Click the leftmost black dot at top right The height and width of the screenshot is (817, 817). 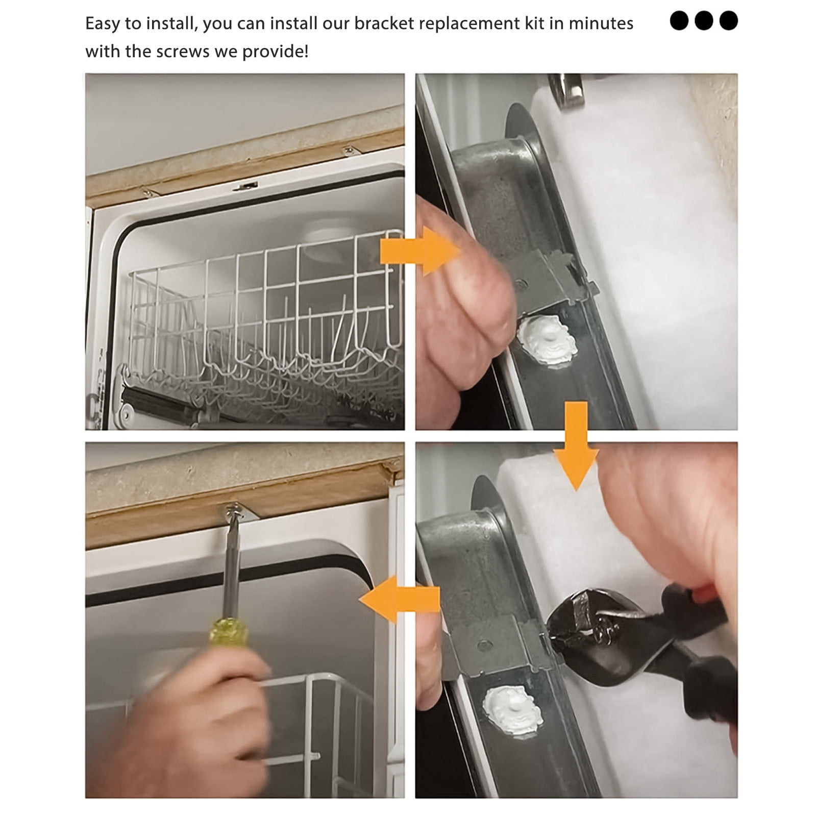click(679, 21)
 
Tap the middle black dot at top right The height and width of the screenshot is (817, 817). click(704, 21)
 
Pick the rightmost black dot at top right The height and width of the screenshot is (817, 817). click(728, 21)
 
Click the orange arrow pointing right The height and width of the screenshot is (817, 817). click(421, 252)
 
